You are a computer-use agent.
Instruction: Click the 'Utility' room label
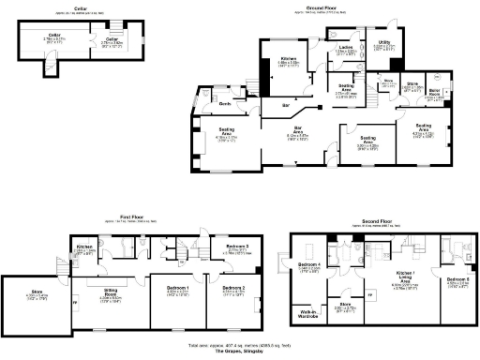[x=384, y=42]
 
